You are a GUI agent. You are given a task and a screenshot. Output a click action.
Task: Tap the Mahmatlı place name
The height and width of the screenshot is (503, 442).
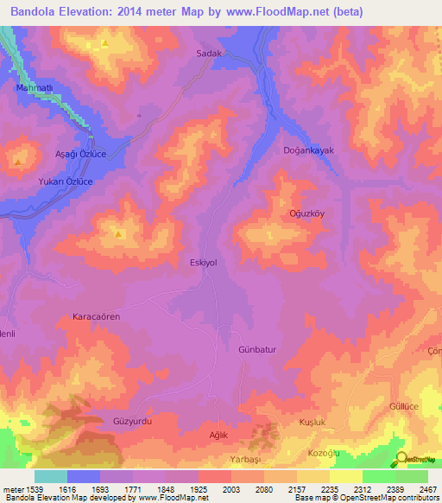(x=35, y=88)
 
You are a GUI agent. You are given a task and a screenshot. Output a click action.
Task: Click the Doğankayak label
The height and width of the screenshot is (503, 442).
(x=308, y=150)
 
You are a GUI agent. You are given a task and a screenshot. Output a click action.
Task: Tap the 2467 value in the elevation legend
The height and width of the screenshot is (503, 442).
(x=428, y=489)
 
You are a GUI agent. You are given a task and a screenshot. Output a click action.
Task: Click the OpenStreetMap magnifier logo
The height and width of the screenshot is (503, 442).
(x=401, y=458)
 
